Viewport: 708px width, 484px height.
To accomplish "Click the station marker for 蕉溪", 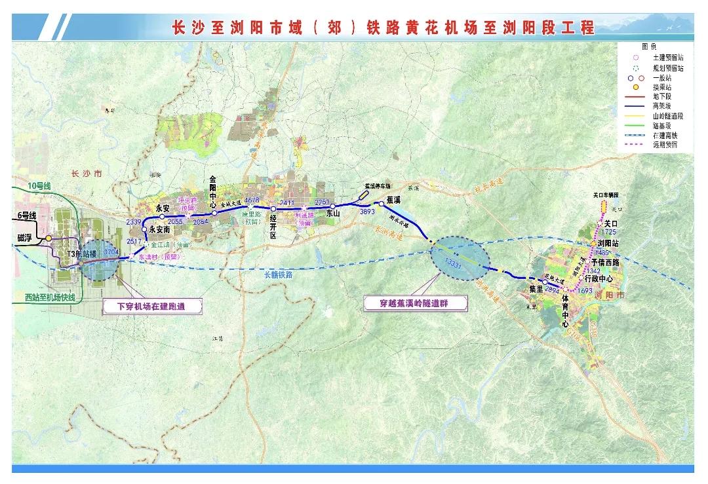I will (381, 204).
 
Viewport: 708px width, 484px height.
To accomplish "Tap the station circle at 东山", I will (333, 207).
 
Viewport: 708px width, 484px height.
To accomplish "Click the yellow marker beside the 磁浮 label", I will (49, 238).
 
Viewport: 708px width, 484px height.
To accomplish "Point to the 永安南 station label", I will (160, 230).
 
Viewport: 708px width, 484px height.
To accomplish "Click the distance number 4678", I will (252, 200).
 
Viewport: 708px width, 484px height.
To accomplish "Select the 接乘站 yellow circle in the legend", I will (635, 86).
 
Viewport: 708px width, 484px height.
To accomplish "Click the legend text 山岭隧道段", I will (668, 115).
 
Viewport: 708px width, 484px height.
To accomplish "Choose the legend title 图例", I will (648, 47).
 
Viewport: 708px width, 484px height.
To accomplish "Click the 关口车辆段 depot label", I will (606, 195).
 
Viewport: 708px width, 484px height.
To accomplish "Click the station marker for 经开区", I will (273, 210).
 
